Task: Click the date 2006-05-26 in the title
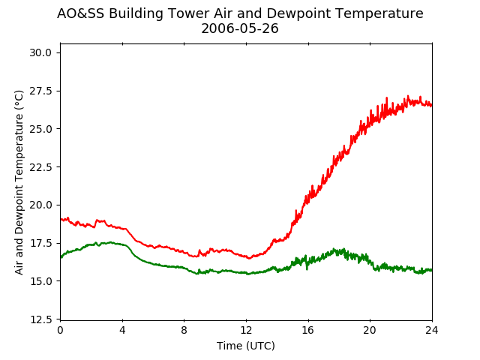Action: tap(240, 28)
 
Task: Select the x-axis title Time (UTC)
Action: tap(246, 346)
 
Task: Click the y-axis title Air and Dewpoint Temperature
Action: tap(19, 182)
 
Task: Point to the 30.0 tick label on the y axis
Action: tap(40, 53)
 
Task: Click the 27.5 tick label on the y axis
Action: tap(40, 91)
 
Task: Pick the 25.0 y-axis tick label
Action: tap(40, 129)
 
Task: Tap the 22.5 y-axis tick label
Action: tap(40, 167)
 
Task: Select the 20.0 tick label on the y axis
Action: tap(40, 205)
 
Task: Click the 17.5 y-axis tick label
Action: tap(40, 243)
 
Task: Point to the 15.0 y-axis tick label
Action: tap(40, 281)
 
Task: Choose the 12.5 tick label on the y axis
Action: tap(40, 319)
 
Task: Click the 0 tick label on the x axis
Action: tap(60, 330)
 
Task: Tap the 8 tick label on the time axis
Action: tap(184, 330)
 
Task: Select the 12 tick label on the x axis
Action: tap(246, 330)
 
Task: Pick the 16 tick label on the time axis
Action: tap(308, 330)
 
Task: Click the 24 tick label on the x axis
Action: tap(432, 330)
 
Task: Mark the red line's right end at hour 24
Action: tap(432, 105)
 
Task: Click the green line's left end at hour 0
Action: tap(61, 257)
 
